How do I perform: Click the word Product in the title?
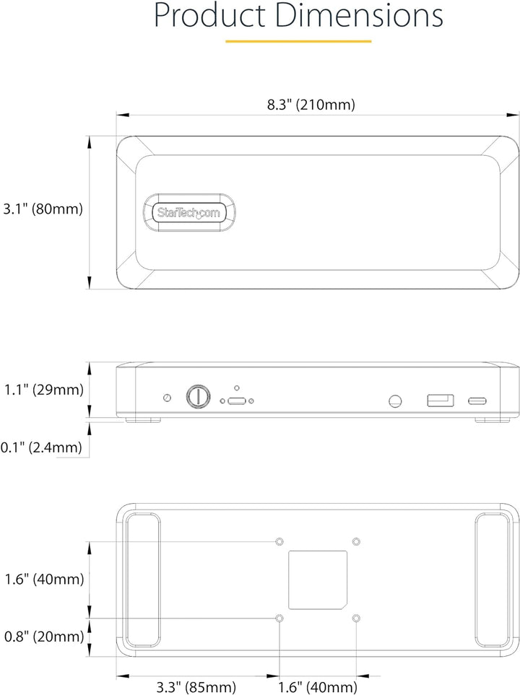click(210, 16)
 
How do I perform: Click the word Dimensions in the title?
click(359, 15)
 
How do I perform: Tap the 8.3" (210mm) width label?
click(311, 105)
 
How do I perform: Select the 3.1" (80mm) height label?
click(43, 209)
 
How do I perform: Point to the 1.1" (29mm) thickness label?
click(44, 390)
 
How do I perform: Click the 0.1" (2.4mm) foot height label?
click(41, 447)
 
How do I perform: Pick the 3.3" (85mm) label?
click(196, 687)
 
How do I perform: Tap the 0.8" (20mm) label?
click(44, 637)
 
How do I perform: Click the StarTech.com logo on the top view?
click(189, 212)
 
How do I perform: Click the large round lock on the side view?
click(199, 396)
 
